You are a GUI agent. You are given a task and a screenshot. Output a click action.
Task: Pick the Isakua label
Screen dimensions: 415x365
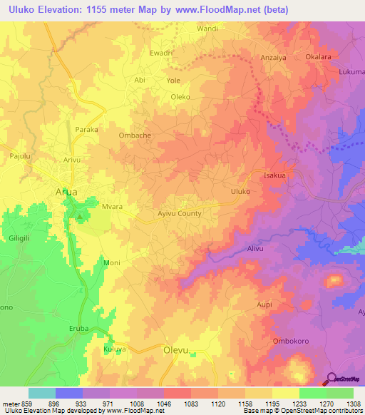[274, 175]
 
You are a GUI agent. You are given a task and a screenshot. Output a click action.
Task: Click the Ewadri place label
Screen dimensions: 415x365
[160, 53]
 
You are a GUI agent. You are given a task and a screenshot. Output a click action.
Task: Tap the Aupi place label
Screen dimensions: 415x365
[264, 304]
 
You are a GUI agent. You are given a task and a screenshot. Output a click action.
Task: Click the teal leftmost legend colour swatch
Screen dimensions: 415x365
[42, 393]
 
